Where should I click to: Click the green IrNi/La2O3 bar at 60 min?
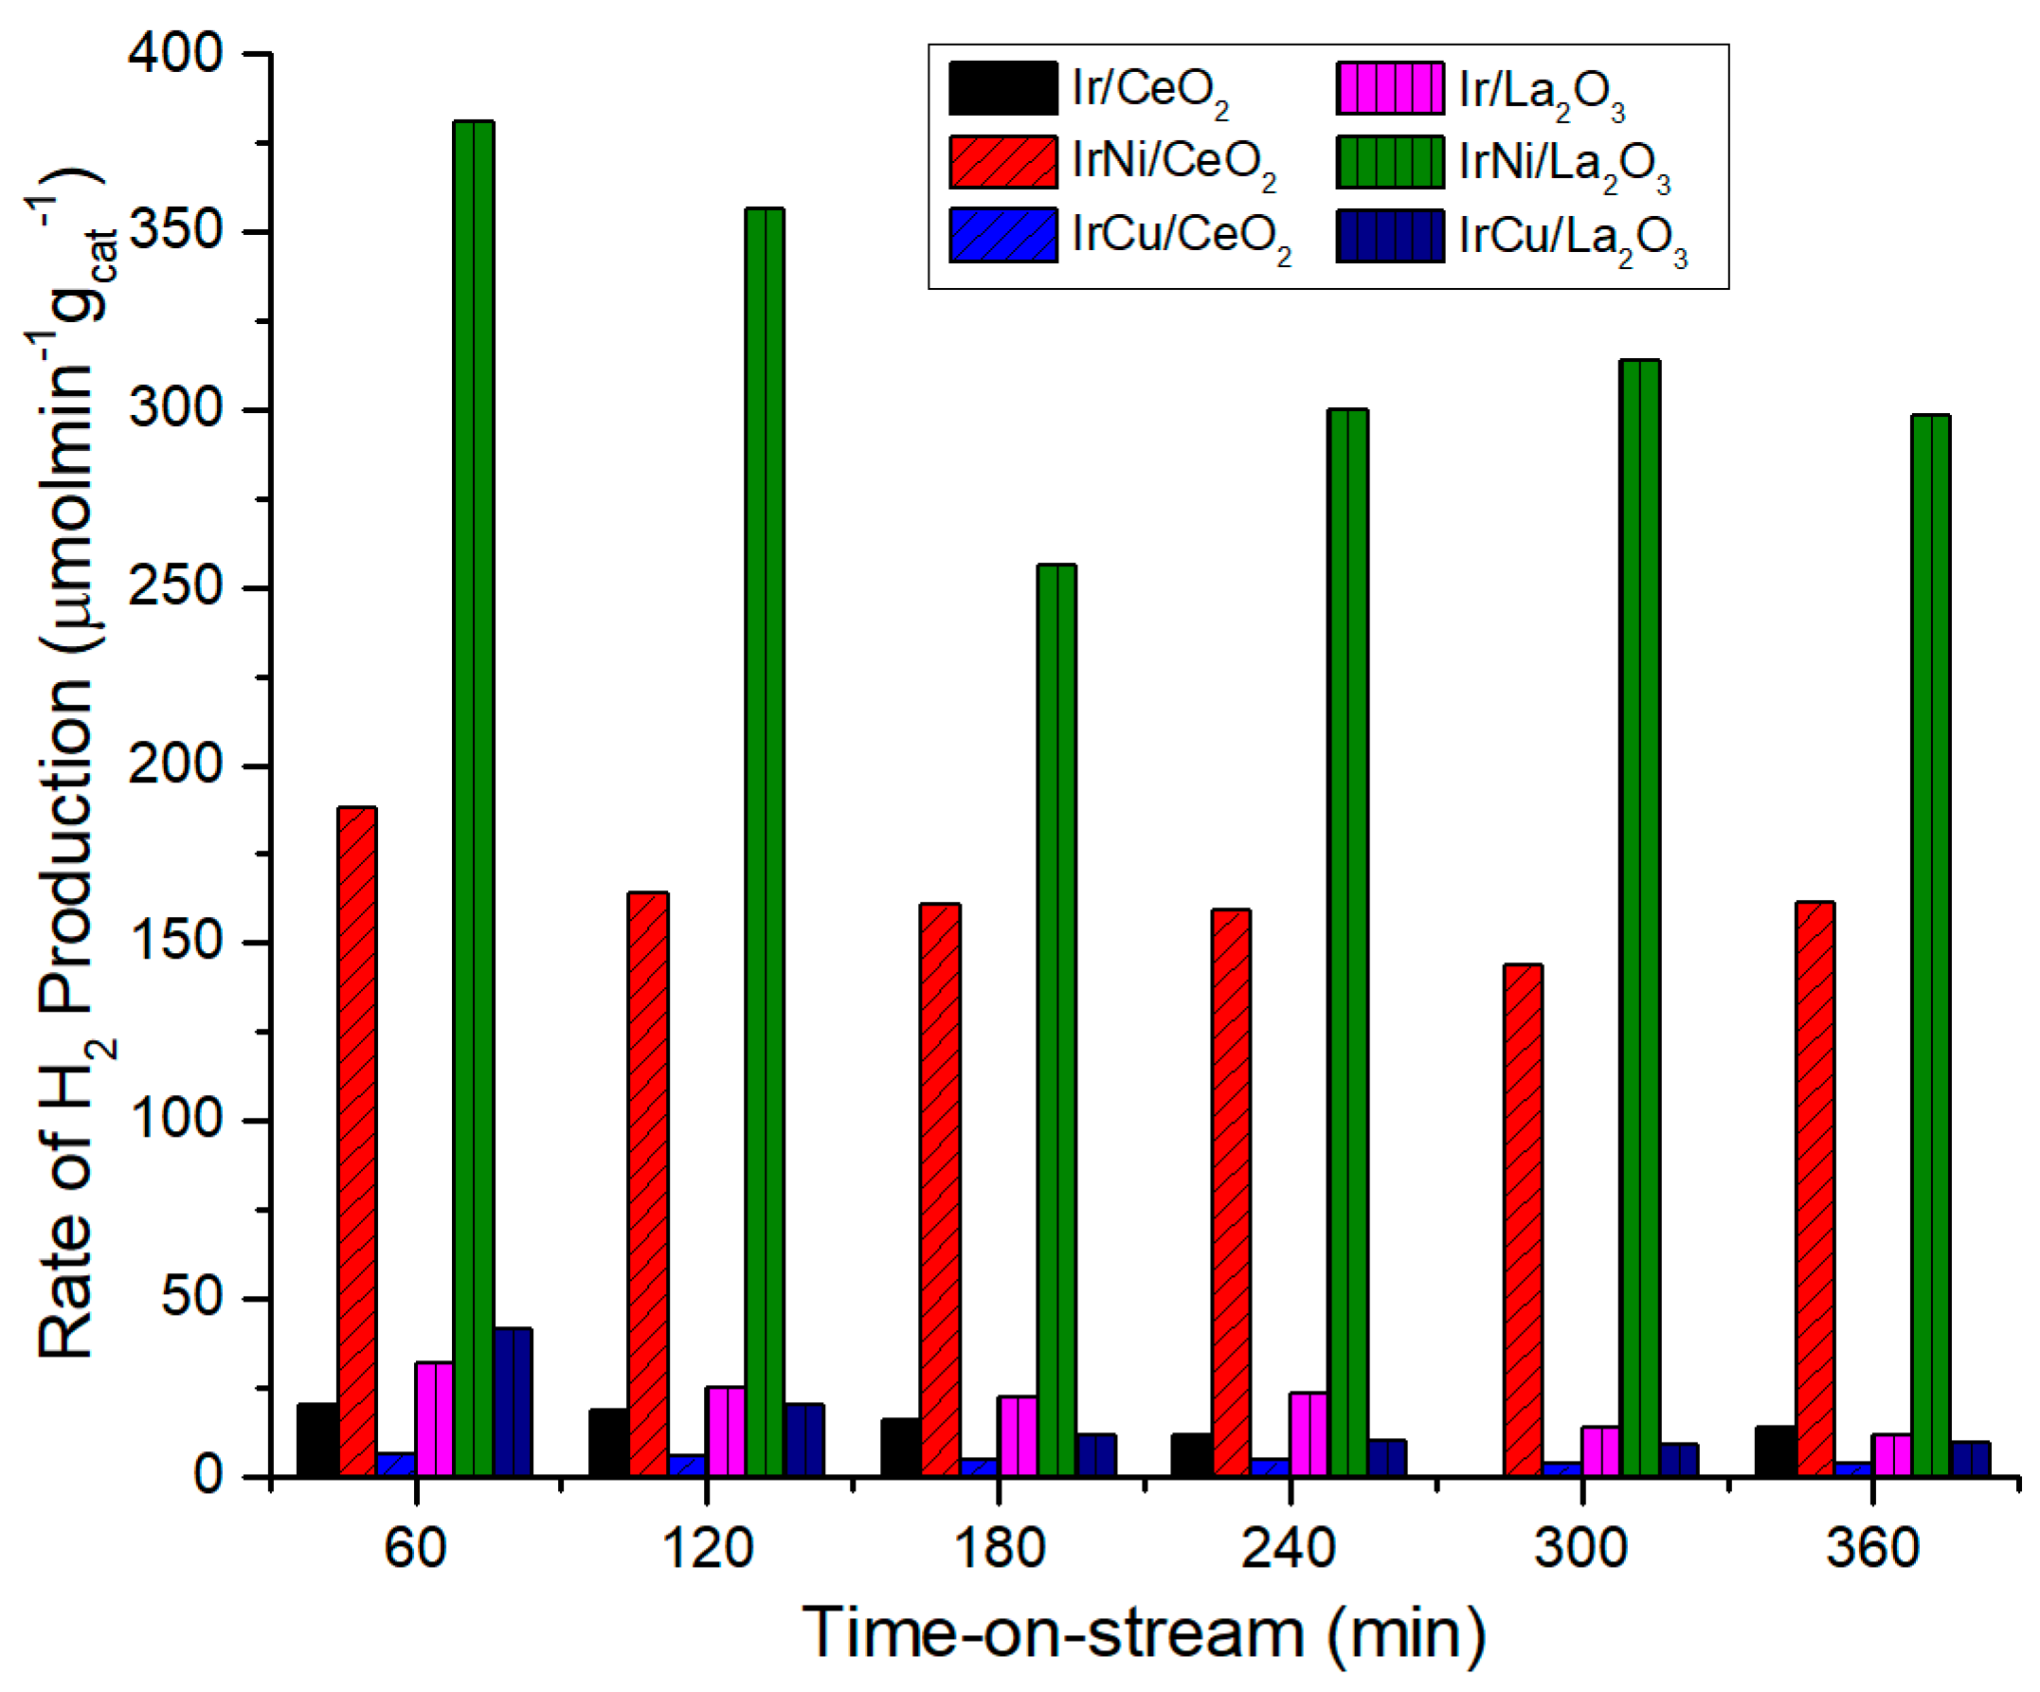473,797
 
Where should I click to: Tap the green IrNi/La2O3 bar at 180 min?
1056,1020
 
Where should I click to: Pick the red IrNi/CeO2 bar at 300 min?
1523,1219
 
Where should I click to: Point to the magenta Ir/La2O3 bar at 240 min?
1309,1433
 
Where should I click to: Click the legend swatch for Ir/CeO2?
1002,88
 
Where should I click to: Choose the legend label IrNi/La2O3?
1564,163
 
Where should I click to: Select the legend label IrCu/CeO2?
1182,237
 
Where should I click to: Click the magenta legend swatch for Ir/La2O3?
1389,88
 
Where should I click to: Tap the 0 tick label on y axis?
208,1475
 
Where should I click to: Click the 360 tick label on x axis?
1872,1548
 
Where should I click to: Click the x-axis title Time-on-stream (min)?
1144,1633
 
